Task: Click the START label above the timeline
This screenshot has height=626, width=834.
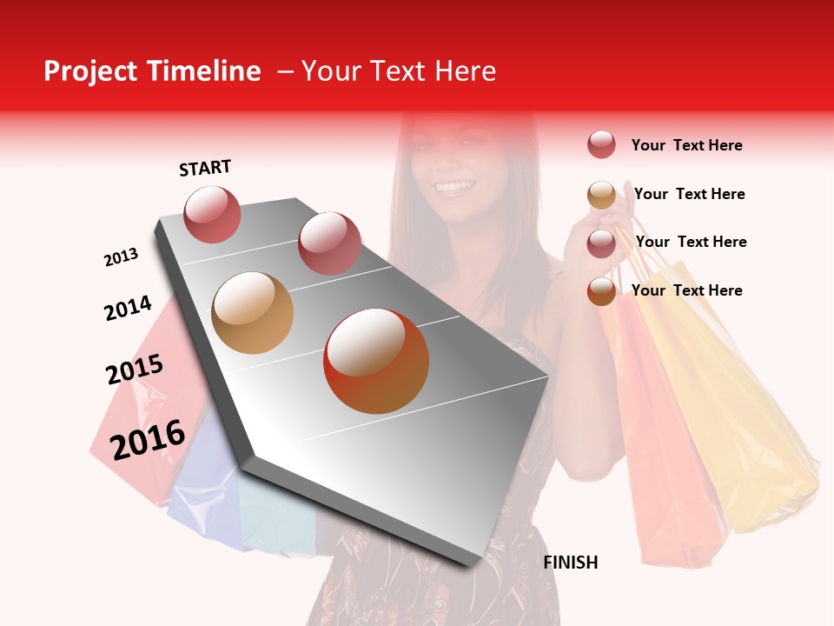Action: (205, 168)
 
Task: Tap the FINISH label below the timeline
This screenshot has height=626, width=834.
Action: (571, 563)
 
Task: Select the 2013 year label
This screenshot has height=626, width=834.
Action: (122, 257)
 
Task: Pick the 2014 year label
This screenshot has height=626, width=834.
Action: (128, 308)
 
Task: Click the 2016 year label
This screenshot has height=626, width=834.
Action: (148, 439)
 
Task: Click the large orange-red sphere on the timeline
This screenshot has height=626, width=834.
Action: (376, 361)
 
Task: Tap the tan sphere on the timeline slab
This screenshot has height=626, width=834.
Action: (252, 313)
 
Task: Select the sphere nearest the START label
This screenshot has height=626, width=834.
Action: (212, 214)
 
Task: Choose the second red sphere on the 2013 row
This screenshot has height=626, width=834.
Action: (329, 243)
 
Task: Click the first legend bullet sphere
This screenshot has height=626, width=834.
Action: (601, 144)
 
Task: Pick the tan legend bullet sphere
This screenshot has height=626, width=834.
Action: (601, 195)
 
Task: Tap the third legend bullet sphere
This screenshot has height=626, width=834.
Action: (601, 243)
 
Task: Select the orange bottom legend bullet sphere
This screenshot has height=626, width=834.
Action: (601, 291)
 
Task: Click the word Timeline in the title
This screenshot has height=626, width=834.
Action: (203, 71)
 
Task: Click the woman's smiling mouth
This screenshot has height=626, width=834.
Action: (455, 186)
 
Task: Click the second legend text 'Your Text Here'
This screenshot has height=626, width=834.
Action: (689, 194)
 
